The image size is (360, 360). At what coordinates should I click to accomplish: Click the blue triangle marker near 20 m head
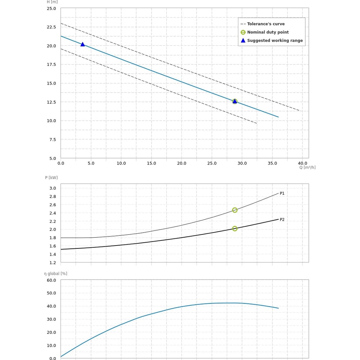(x=82, y=44)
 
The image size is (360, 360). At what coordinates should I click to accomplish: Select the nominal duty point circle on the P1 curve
(x=235, y=210)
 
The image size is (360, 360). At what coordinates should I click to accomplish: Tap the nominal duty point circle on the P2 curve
(x=235, y=229)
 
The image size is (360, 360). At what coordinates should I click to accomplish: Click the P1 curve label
(x=282, y=193)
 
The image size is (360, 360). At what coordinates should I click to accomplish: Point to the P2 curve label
(x=282, y=220)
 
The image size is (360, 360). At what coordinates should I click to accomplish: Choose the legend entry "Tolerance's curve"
(x=266, y=24)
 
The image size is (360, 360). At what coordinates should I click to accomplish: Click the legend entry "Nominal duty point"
(x=268, y=32)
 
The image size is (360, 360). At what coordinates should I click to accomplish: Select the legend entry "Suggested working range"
(x=275, y=41)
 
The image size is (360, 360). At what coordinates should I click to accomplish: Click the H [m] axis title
(x=52, y=2)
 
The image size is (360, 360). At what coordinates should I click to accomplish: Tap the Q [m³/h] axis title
(x=307, y=167)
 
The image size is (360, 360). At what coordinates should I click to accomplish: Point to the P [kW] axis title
(x=51, y=177)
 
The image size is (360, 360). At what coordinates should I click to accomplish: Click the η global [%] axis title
(x=55, y=274)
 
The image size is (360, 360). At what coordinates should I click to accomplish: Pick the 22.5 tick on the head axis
(x=51, y=27)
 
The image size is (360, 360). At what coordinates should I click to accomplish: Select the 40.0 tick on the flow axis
(x=302, y=163)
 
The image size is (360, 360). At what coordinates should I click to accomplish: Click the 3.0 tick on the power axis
(x=53, y=188)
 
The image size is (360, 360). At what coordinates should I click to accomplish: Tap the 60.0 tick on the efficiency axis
(x=51, y=280)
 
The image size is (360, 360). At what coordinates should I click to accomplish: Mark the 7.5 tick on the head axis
(x=53, y=139)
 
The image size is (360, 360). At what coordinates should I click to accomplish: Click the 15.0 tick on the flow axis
(x=151, y=163)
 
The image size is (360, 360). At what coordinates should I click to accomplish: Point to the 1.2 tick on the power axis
(x=53, y=262)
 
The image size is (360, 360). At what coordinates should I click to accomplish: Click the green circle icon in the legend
(x=243, y=32)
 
